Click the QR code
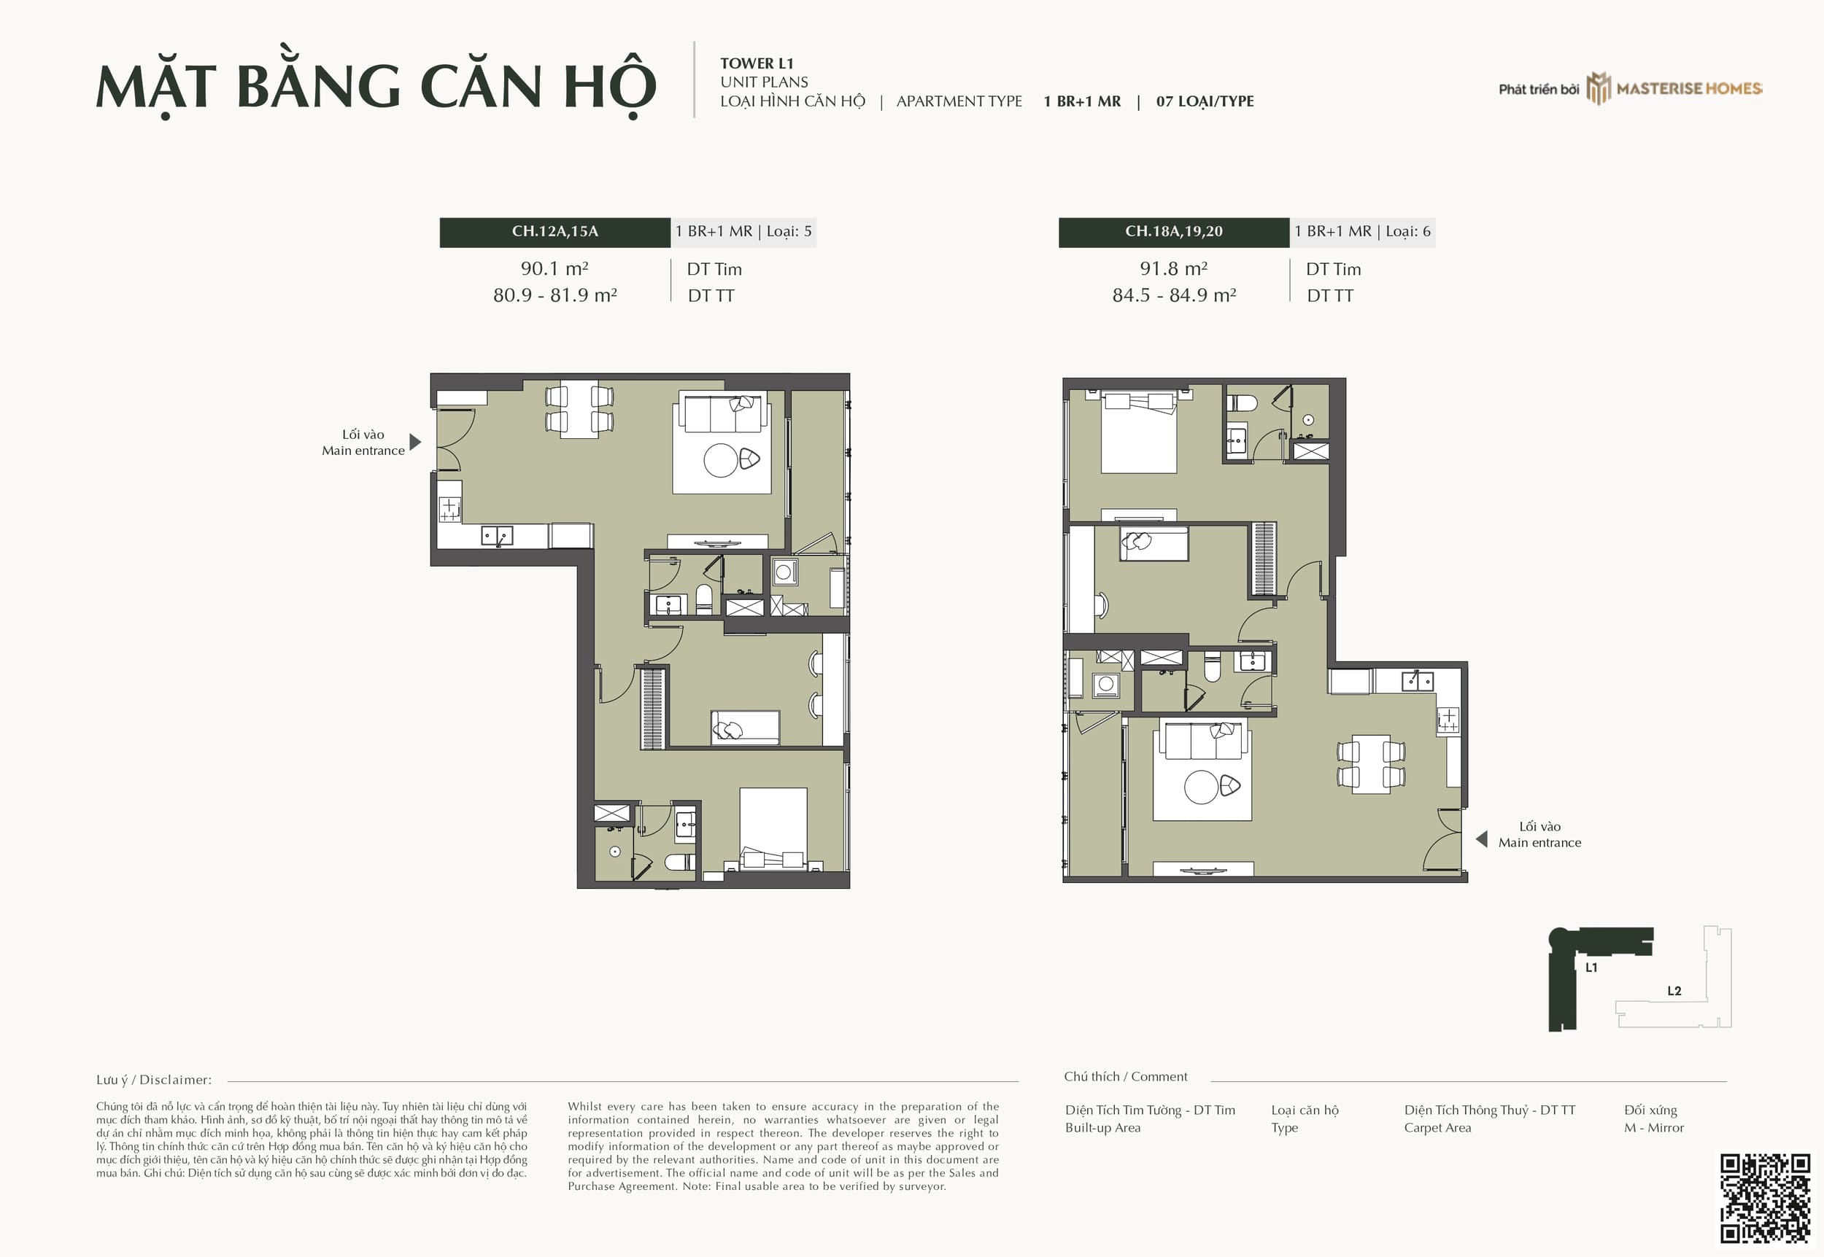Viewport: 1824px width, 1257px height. [x=1765, y=1199]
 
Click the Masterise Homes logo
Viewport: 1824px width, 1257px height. [x=1674, y=88]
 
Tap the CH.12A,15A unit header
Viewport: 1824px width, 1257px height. [x=554, y=232]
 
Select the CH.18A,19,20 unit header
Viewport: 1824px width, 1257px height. [x=1174, y=232]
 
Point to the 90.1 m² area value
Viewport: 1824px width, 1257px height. [x=554, y=268]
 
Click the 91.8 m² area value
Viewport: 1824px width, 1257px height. [x=1174, y=268]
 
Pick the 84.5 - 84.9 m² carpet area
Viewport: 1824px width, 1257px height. [x=1174, y=295]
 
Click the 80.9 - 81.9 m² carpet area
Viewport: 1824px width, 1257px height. [x=554, y=295]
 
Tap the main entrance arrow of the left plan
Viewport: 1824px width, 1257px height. [x=415, y=442]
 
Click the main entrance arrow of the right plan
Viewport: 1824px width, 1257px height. [x=1481, y=838]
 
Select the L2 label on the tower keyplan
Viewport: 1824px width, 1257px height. [x=1674, y=991]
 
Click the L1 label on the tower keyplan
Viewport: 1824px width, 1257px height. [x=1591, y=967]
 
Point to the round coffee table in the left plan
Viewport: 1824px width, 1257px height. [x=721, y=461]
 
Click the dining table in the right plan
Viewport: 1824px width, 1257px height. [x=1371, y=764]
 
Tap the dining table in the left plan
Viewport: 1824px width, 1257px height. [x=579, y=410]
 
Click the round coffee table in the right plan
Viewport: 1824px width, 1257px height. [x=1202, y=787]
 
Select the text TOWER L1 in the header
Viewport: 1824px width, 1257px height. [x=757, y=63]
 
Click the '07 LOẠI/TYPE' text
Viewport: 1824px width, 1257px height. [x=1205, y=101]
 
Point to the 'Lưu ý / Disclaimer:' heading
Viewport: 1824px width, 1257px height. [x=154, y=1080]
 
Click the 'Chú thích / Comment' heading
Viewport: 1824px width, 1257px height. [x=1126, y=1077]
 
